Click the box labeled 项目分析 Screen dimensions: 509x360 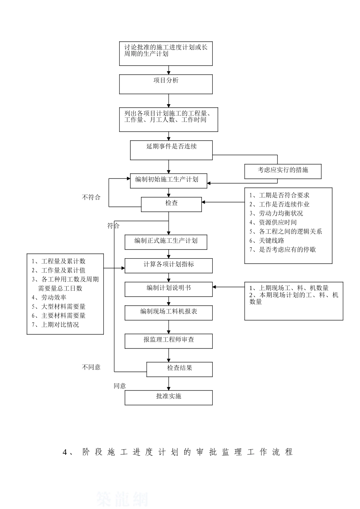tap(166, 84)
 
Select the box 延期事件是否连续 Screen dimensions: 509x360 tap(171, 150)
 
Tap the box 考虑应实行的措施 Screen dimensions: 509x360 tap(283, 171)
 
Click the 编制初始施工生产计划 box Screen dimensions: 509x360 tap(169, 181)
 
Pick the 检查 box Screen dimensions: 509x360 tap(171, 204)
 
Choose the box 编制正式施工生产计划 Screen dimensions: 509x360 tap(166, 242)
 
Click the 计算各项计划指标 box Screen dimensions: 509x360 tap(169, 265)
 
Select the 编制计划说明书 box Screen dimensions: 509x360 tap(169, 289)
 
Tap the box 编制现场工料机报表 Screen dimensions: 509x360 tap(169, 313)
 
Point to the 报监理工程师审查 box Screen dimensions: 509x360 tap(169, 341)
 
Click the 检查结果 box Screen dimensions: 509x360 tap(180, 369)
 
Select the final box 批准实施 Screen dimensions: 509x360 tap(169, 398)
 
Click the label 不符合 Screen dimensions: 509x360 tap(91, 197)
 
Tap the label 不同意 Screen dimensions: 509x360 tap(91, 367)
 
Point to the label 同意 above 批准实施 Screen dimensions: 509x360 tap(120, 386)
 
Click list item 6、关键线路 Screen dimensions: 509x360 tap(267, 240)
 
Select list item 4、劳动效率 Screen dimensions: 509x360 tap(49, 298)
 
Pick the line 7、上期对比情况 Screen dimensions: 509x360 tap(55, 325)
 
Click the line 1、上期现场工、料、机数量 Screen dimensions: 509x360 tap(289, 288)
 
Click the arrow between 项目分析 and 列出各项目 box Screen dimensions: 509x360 tap(169, 101)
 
